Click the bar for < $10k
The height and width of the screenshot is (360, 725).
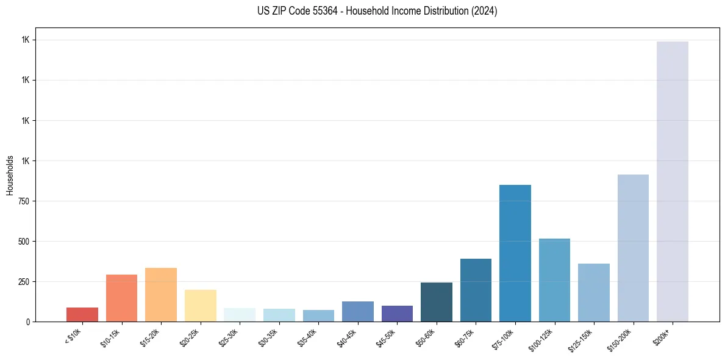click(x=82, y=314)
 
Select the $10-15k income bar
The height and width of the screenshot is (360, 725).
click(x=121, y=298)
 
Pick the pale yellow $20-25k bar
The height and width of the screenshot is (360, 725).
click(x=201, y=306)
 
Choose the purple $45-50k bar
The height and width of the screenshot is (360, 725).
click(x=397, y=314)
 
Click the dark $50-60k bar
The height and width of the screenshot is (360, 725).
click(x=437, y=302)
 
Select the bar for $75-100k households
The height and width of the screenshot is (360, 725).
click(x=515, y=253)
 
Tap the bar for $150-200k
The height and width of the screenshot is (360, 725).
click(x=633, y=248)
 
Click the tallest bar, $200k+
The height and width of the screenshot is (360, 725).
click(x=673, y=181)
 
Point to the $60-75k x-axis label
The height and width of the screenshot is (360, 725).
click(x=466, y=337)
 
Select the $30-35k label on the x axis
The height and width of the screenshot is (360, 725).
click(x=269, y=337)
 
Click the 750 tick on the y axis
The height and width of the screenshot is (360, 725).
click(x=23, y=201)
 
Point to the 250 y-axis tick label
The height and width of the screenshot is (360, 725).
click(x=23, y=282)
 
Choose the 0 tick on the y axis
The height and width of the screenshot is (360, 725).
click(x=28, y=322)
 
